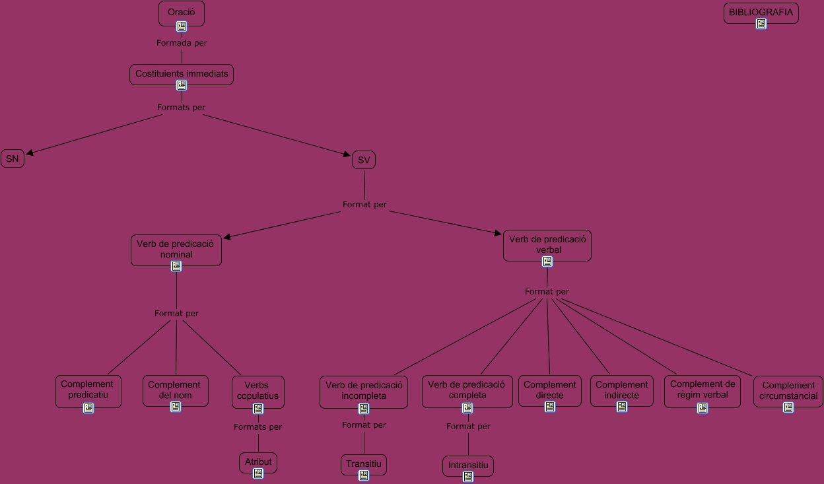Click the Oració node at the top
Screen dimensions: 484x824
coord(182,13)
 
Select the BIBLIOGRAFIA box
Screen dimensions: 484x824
coord(761,13)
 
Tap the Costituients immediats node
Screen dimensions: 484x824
coord(182,73)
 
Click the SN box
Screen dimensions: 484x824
coord(13,158)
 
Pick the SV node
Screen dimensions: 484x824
coord(364,160)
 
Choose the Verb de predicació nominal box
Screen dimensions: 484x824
coord(176,249)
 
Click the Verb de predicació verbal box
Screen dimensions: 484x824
coord(547,244)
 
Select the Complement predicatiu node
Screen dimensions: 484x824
coord(88,390)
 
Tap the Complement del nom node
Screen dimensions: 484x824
coord(175,390)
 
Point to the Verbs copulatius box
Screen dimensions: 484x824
coord(258,390)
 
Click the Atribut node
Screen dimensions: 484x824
coord(258,462)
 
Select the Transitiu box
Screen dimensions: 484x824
coord(364,464)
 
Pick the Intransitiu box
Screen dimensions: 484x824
coord(468,465)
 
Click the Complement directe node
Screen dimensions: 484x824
coord(550,390)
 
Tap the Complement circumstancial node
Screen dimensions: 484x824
coord(788,390)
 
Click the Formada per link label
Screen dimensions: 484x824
coord(182,43)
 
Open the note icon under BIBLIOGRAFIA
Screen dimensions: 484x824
coord(761,24)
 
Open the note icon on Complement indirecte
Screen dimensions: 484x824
coord(621,407)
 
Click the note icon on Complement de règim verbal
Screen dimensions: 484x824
coord(703,408)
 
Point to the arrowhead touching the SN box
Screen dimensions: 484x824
coord(30,154)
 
